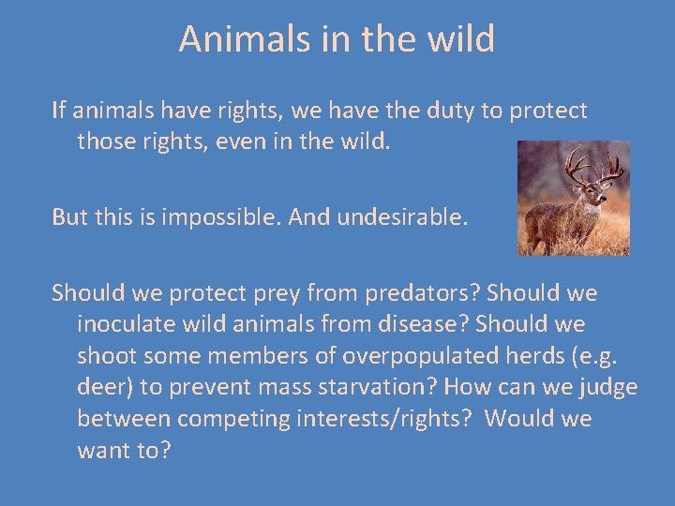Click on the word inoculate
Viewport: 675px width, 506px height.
(124, 324)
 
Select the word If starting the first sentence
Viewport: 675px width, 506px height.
(58, 111)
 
